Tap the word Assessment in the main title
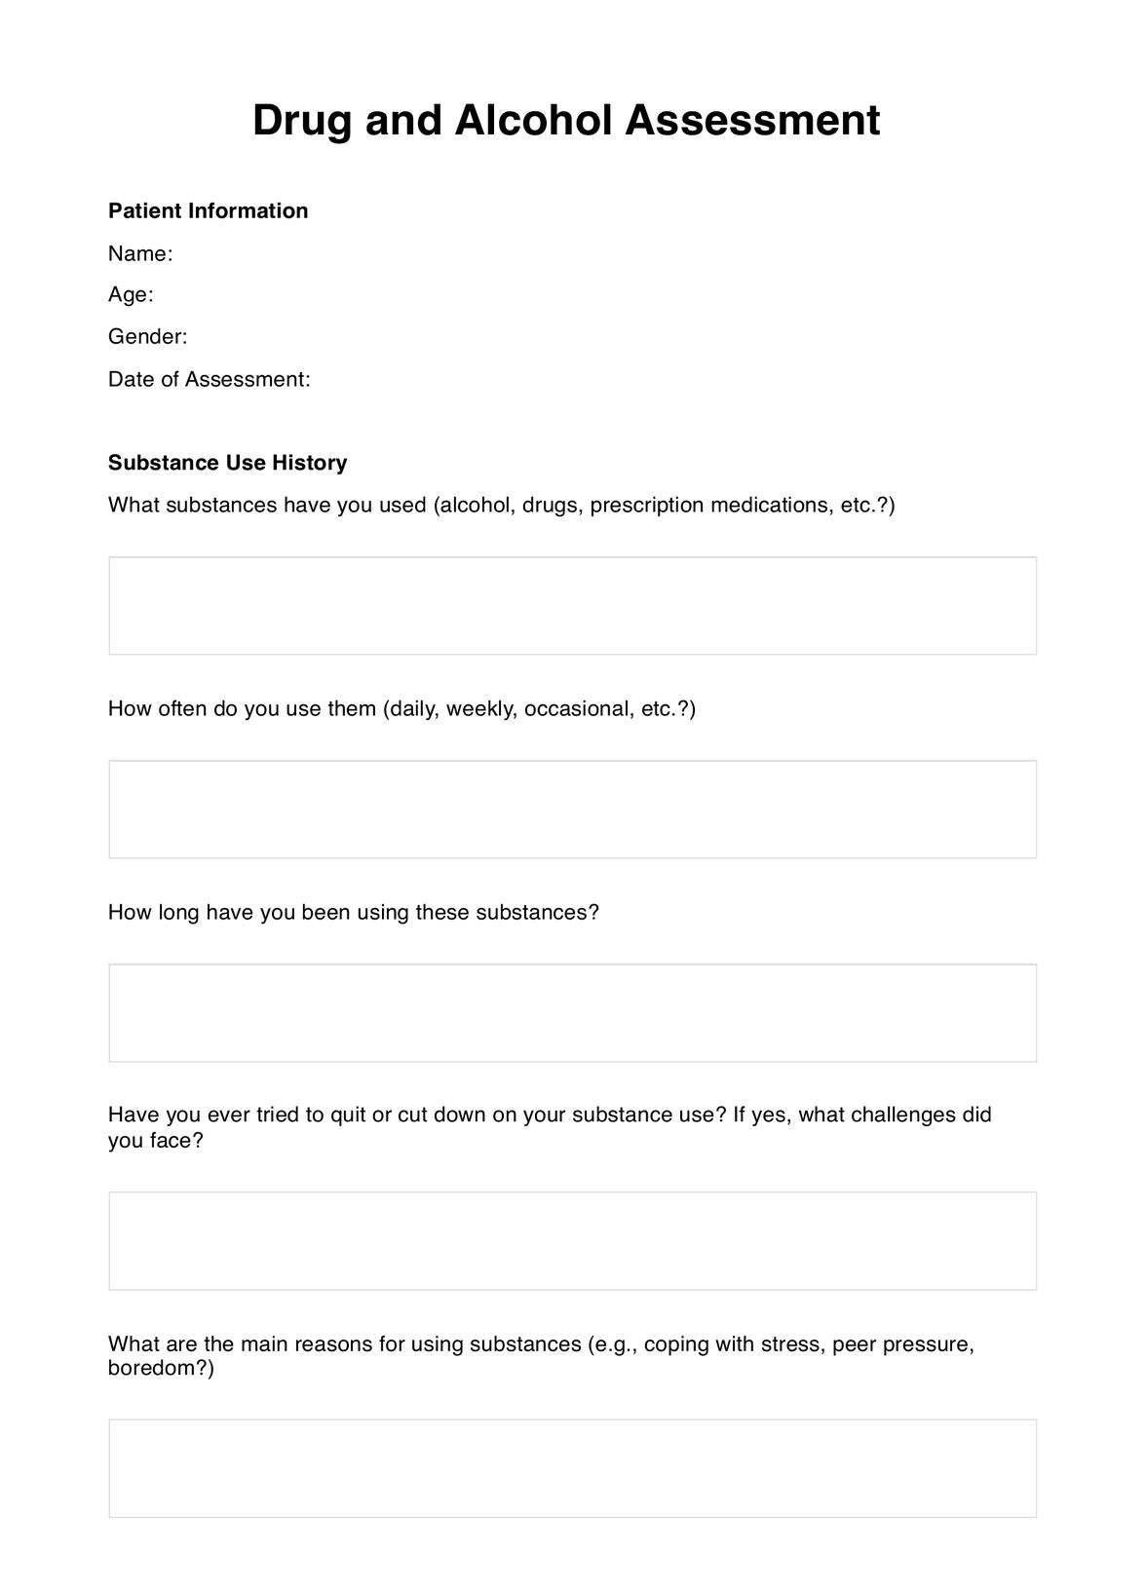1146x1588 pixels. (752, 121)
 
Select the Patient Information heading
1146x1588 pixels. (208, 210)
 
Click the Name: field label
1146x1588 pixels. (140, 253)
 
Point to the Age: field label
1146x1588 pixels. (131, 294)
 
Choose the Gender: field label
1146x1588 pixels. (147, 336)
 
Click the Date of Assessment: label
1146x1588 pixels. (209, 379)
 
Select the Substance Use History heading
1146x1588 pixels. (227, 462)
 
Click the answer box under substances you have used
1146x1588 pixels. (572, 605)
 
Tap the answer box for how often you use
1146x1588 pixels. (572, 809)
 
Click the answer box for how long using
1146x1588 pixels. (572, 1012)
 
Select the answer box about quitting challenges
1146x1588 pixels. (572, 1240)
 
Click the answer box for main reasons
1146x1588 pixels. (572, 1467)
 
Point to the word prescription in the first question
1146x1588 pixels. (646, 505)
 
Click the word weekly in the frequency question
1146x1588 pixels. (480, 708)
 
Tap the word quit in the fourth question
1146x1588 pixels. (348, 1115)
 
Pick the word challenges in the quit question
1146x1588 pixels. (903, 1115)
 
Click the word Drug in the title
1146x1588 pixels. (301, 121)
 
